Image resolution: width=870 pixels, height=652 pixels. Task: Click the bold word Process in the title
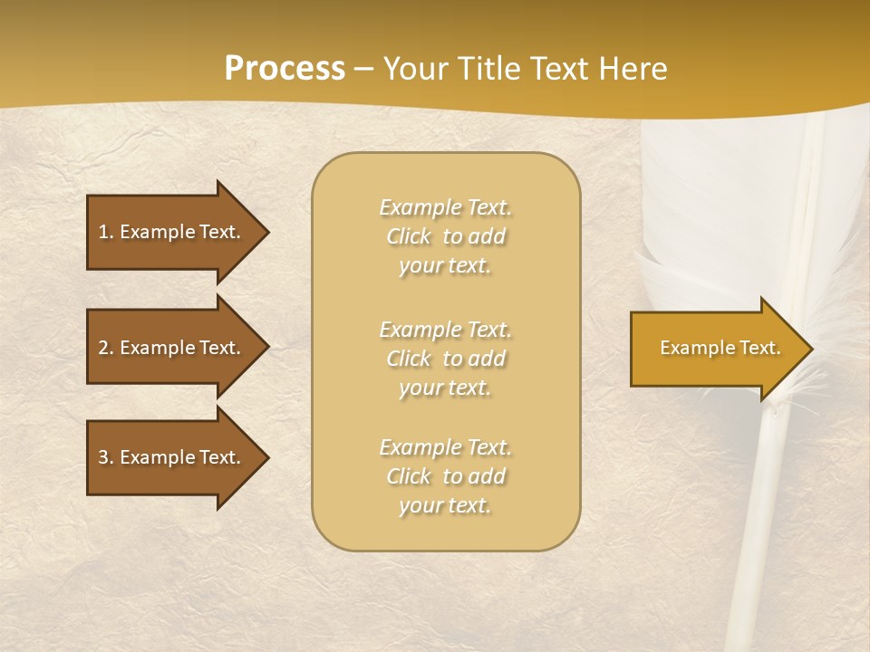(285, 69)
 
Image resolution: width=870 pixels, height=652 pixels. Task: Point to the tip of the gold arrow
(811, 349)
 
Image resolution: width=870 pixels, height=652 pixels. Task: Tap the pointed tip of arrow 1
(267, 232)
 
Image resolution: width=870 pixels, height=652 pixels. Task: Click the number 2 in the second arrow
(103, 348)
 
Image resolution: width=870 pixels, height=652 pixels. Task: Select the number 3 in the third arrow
(103, 457)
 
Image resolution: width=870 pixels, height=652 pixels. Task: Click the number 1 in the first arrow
(103, 232)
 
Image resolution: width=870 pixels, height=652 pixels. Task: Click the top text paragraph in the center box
(446, 236)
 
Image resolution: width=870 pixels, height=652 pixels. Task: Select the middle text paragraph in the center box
(446, 359)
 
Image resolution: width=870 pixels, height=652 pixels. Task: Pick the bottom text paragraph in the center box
(446, 476)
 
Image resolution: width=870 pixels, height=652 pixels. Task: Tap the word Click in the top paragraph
(409, 236)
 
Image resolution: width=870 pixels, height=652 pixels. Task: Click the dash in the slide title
(363, 69)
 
